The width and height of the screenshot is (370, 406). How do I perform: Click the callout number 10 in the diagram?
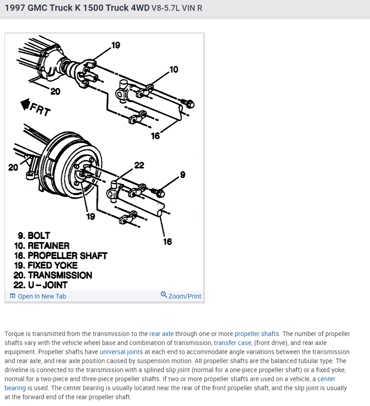click(x=173, y=70)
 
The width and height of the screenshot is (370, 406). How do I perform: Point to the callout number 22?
click(x=139, y=165)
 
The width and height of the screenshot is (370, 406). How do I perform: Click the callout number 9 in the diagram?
click(x=182, y=174)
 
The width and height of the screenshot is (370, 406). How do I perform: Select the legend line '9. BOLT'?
click(x=34, y=235)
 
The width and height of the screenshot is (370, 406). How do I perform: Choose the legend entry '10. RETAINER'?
click(x=42, y=246)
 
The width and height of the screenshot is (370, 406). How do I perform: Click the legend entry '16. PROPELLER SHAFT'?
click(x=60, y=256)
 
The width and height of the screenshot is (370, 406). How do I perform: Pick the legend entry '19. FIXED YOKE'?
click(x=46, y=266)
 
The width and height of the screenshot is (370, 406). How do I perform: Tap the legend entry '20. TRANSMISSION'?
click(x=53, y=275)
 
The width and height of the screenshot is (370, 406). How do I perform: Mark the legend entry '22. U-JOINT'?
click(x=41, y=285)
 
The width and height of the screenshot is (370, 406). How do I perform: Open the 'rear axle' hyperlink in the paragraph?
click(x=162, y=334)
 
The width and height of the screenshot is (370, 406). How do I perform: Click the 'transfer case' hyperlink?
click(x=232, y=343)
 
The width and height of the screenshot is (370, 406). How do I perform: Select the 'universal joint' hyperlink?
click(x=120, y=352)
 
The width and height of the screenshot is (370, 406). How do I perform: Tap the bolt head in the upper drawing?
click(x=190, y=104)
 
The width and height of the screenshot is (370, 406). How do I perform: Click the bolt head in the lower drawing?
click(x=160, y=193)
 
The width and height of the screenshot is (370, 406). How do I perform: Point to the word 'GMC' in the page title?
click(x=39, y=8)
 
